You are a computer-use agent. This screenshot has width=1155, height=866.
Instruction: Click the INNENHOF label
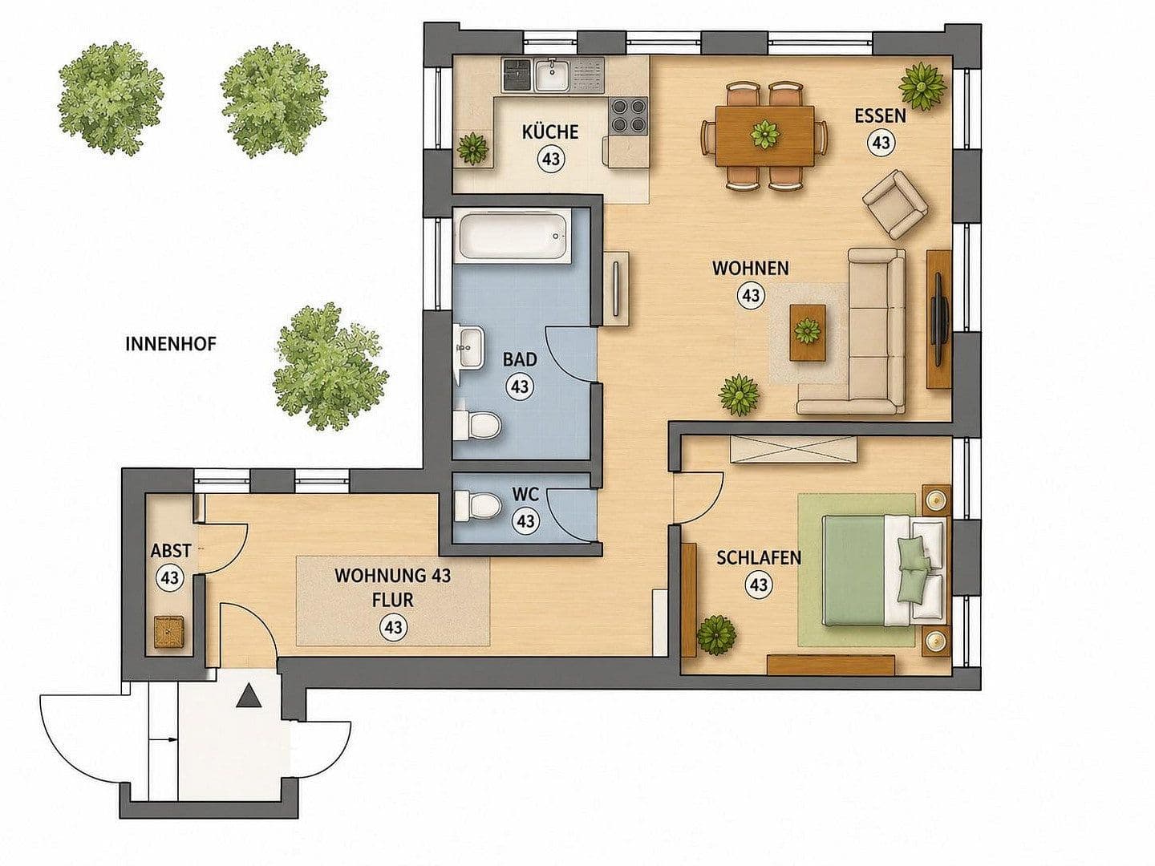171,345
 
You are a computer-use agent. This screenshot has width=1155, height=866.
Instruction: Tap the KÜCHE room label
550,132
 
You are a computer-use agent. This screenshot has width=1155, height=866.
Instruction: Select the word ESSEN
881,115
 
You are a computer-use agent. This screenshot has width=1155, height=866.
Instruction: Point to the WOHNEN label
751,268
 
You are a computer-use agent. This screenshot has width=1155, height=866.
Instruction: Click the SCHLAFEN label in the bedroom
759,558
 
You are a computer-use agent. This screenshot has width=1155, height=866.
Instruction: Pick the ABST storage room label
171,551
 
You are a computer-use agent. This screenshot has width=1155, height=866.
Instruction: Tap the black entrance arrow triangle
249,698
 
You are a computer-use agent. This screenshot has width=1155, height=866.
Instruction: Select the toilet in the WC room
476,506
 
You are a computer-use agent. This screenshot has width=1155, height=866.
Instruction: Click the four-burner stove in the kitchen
628,115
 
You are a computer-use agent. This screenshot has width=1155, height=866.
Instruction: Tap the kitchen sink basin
551,75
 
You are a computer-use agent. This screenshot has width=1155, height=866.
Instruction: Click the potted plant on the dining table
764,134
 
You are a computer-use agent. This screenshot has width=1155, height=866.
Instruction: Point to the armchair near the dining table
894,204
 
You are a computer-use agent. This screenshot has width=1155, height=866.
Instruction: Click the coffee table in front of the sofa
807,333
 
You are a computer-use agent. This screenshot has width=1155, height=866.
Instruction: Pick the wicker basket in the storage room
168,633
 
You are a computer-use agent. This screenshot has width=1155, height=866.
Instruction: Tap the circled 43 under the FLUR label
393,627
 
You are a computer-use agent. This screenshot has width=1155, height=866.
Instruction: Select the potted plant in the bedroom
716,634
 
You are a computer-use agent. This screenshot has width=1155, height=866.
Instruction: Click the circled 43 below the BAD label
520,386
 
